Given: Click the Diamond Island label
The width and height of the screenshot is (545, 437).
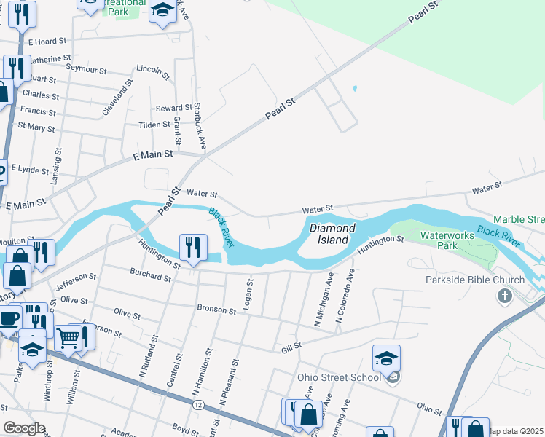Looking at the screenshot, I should point(332,235).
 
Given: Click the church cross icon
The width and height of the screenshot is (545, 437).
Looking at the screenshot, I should point(503,296).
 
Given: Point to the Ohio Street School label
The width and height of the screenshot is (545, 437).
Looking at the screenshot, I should point(339,377).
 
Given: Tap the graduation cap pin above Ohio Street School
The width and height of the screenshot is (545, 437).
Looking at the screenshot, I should point(386,358).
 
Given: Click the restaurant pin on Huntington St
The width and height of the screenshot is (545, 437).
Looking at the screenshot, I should point(193,247).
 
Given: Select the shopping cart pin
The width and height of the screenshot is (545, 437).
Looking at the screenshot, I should point(68,337).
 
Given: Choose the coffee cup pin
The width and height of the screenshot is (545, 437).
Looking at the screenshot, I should point(9,318).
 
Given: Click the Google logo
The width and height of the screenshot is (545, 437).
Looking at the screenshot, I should point(24,428).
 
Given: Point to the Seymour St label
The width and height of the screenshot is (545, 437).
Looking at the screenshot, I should point(87,68).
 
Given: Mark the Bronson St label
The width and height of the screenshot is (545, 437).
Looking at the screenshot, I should point(216,310).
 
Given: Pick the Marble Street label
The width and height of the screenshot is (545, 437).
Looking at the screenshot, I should point(519,219).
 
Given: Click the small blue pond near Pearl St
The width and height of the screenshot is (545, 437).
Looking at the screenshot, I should point(355,89).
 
